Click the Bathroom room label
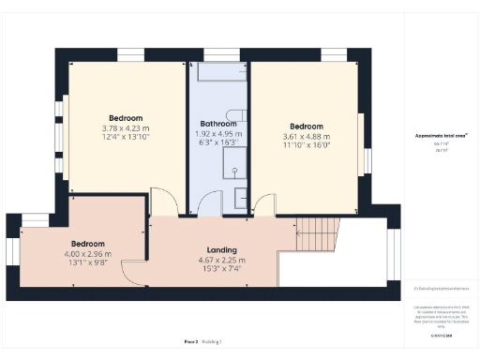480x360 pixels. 218,124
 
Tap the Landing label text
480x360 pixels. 222,250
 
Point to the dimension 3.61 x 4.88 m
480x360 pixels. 307,137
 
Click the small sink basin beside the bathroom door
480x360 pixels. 240,199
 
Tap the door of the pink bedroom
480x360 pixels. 134,272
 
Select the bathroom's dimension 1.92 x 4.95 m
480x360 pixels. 218,134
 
